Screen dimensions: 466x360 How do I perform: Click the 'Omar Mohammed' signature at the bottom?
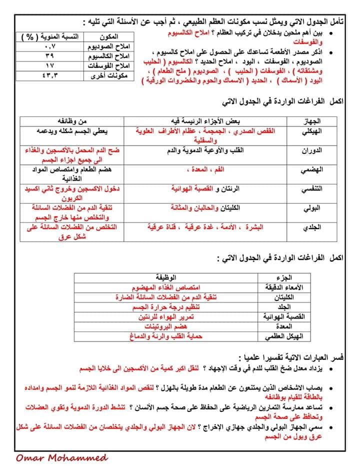coord(61,457)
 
